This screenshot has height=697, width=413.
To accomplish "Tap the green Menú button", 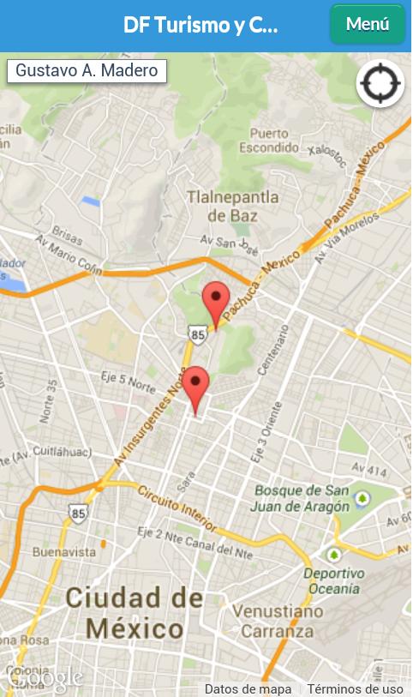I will pos(368,24).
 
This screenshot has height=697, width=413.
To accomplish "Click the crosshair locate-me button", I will pos(380,84).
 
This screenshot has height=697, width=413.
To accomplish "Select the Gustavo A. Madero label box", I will pos(87,70).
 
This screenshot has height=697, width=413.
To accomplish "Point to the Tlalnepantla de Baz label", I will pos(232,206).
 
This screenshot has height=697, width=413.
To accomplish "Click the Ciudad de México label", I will pos(135,612).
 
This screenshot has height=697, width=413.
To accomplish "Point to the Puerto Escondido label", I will pos(269,140).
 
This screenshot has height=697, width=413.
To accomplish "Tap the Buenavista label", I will pos(64,552).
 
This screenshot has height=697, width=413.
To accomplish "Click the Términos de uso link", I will pos(355,688).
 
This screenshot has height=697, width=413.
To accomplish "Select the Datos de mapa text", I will pos(248,688).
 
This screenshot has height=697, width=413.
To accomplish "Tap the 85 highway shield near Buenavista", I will pos(79,514).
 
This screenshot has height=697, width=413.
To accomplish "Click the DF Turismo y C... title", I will pos(201,25).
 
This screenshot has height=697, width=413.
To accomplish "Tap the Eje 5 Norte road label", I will pos(129,379).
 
